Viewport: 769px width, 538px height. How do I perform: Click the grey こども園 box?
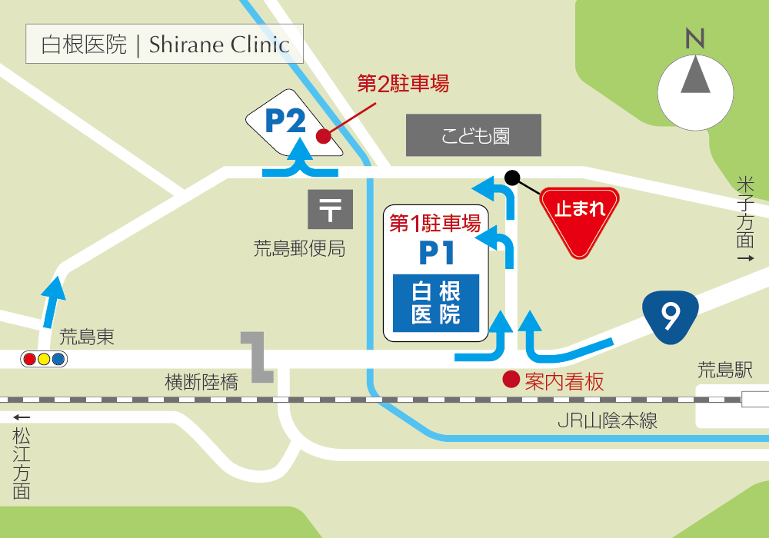coord(474,136)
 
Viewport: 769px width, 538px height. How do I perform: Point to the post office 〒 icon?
coord(330,209)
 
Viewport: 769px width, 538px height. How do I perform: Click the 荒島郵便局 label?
coord(299,249)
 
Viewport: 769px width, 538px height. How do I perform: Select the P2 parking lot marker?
coord(288,123)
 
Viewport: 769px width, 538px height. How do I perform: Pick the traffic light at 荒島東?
coord(44,358)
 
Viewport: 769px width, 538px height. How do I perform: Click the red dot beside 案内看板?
coord(510,379)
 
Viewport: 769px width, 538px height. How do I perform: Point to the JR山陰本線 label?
coord(608,421)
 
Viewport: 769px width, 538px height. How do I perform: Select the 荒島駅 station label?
coord(724,371)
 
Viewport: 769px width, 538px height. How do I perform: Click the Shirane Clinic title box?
coord(165,44)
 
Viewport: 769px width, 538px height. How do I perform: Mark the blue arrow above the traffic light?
coord(52,301)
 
